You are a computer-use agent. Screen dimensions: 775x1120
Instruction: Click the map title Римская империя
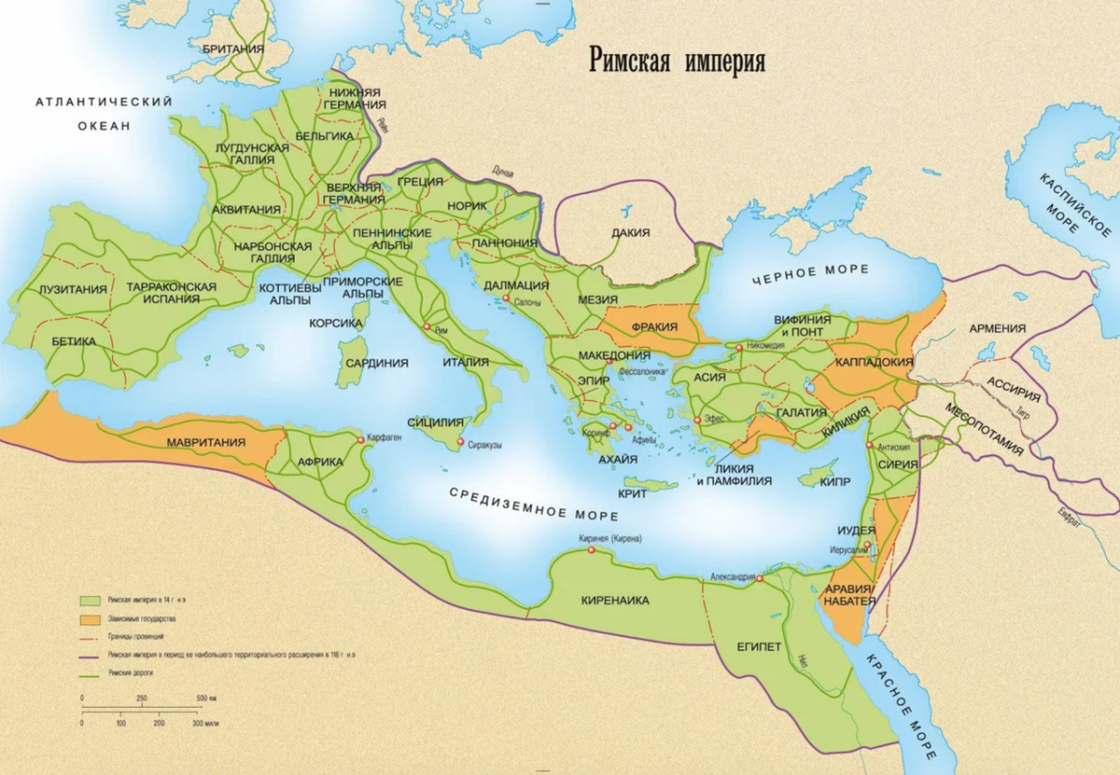677,62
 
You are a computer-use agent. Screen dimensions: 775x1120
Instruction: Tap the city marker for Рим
427,328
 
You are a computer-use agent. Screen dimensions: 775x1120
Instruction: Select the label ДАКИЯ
630,232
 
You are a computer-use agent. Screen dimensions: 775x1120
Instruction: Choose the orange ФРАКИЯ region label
653,328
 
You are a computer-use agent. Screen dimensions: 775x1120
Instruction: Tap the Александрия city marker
760,579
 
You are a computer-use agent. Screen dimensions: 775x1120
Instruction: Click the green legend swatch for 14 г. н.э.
91,601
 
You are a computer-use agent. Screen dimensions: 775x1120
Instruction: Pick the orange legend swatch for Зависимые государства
91,618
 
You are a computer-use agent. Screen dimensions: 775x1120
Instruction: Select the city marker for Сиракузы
458,444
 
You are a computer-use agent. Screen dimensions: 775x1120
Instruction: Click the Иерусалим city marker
867,545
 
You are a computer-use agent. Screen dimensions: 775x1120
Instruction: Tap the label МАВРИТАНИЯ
206,442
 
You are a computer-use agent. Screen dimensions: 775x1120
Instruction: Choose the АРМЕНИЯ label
998,328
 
